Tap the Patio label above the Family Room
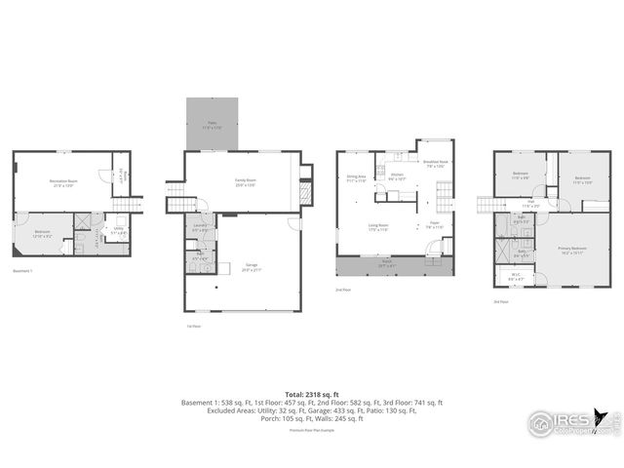pos(212,125)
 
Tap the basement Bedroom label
pos(43,234)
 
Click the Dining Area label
pos(356,178)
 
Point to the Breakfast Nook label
pos(434,164)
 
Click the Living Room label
pos(379,228)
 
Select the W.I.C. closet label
pos(517,275)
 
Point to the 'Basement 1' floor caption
pos(23,271)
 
